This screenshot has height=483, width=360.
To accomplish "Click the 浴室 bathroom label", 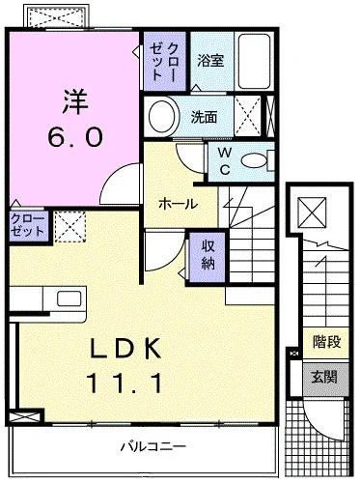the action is point(210,61).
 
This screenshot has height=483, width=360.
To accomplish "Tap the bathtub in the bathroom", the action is point(254,61).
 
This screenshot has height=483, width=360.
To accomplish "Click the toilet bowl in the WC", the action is point(254,160).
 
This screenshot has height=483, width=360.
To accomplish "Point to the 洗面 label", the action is point(204,117).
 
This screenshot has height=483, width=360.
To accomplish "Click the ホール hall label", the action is point(178,204).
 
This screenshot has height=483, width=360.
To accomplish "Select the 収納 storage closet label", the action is point(208,255).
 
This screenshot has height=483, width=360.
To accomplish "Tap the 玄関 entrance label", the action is point(324,376).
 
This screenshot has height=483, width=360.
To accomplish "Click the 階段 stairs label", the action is point(327,342).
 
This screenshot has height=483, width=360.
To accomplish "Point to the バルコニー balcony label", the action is point(153,446).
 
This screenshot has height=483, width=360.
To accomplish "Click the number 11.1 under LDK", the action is point(125,383).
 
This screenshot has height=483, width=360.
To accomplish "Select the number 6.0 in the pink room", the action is point(75,136).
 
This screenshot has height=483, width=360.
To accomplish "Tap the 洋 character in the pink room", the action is point(75,101).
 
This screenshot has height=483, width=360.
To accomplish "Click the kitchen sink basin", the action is point(69,298).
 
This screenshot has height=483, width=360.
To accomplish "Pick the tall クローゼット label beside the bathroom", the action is point(164,61).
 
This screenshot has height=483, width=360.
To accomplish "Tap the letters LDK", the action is point(125,349).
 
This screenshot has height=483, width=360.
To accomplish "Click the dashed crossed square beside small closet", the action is point(70,226).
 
